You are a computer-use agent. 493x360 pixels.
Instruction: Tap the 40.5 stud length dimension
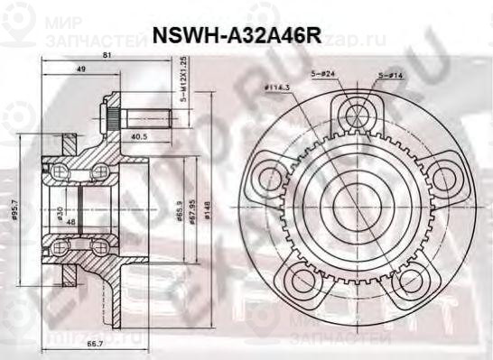point(139,137)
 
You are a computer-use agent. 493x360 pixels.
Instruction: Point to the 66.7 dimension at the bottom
point(90,345)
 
